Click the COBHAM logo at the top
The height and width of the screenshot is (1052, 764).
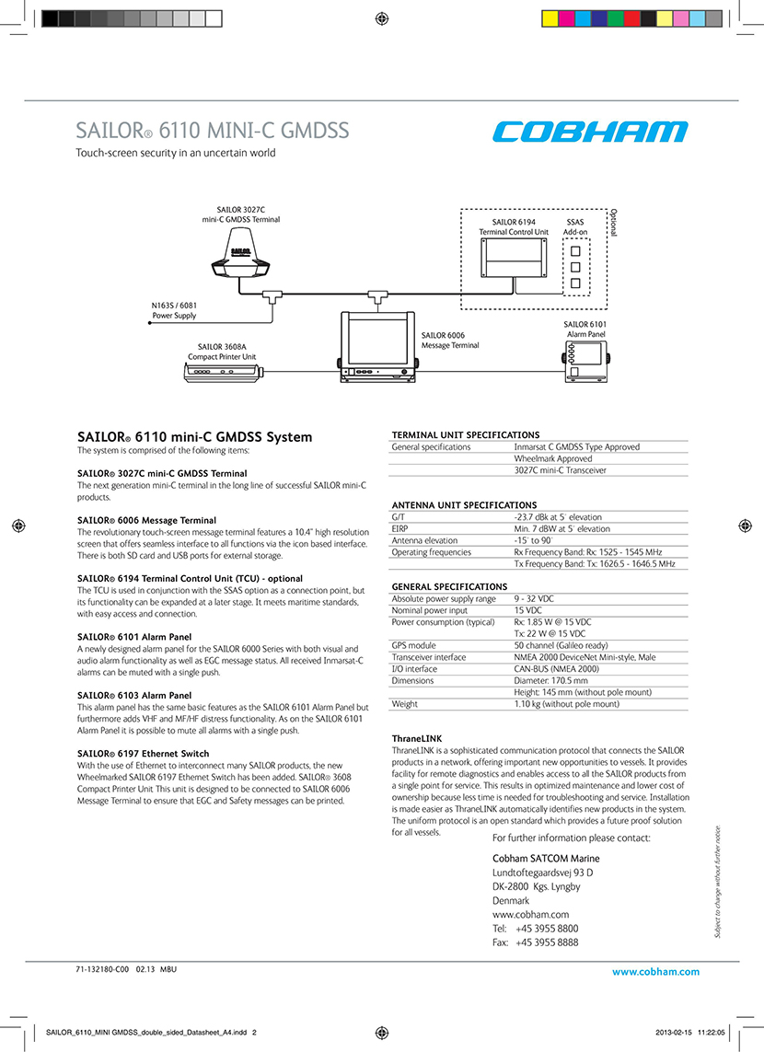pyautogui.click(x=589, y=132)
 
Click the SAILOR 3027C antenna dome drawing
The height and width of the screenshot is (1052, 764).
pyautogui.click(x=239, y=256)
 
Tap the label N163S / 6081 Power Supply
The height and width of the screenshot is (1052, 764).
pyautogui.click(x=174, y=310)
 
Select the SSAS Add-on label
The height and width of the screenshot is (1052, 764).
pyautogui.click(x=575, y=226)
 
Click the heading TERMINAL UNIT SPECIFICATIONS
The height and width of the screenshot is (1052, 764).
pyautogui.click(x=466, y=434)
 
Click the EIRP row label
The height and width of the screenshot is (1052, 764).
pyautogui.click(x=400, y=528)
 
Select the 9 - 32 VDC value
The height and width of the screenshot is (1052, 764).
pyautogui.click(x=534, y=598)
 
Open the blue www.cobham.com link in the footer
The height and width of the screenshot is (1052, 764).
pyautogui.click(x=655, y=971)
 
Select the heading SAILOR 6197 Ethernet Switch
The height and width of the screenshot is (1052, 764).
pyautogui.click(x=143, y=754)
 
